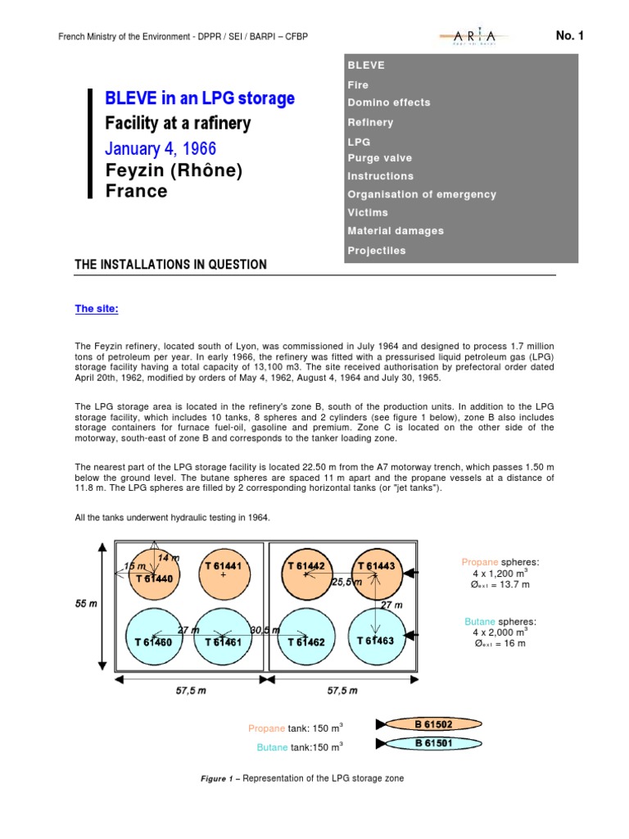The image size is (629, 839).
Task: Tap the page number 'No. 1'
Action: point(570,35)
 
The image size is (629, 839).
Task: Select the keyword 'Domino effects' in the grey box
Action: point(388,102)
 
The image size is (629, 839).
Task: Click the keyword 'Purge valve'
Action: point(379,158)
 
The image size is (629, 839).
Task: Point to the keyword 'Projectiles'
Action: point(376,251)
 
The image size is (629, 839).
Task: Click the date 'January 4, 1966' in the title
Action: point(161,149)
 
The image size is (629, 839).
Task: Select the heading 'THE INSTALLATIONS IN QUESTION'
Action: point(170,265)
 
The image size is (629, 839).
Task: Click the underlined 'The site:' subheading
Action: point(97,309)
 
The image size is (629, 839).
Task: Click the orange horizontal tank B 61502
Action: point(433,724)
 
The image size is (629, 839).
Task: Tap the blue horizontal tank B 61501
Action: point(433,743)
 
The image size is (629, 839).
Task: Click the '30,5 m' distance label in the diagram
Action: point(265,629)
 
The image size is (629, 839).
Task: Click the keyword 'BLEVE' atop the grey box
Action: point(365,65)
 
